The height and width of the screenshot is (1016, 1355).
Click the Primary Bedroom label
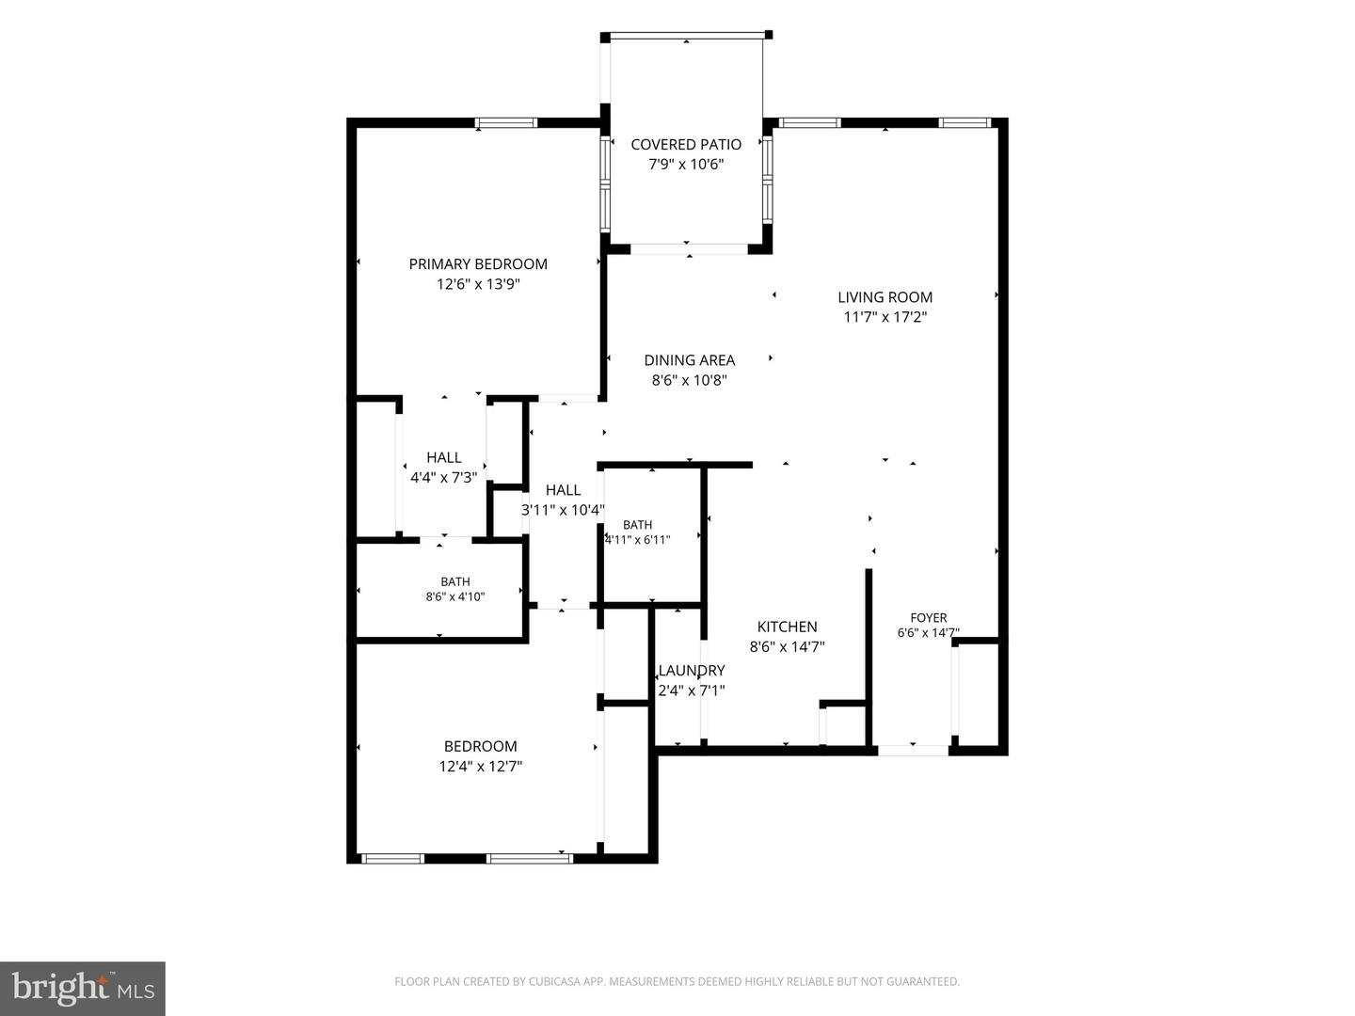[478, 264]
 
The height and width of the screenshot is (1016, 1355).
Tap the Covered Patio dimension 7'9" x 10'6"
[686, 165]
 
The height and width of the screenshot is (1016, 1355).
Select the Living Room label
[885, 297]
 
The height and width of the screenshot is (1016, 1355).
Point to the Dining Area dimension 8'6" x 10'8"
[690, 380]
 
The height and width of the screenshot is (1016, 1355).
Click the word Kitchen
[787, 627]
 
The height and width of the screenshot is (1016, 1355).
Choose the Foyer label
[929, 617]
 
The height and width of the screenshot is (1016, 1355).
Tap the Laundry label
[692, 671]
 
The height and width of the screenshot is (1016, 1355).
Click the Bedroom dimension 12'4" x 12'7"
[481, 767]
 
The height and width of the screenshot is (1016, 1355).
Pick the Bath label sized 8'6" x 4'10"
[455, 581]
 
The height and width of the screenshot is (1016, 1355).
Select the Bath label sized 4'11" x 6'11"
[638, 525]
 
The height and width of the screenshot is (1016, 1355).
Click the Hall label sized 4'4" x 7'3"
[444, 458]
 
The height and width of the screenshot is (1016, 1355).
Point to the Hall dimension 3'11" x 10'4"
[563, 510]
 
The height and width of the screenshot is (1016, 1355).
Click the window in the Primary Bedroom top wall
[506, 122]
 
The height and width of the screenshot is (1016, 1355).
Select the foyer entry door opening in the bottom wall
[913, 751]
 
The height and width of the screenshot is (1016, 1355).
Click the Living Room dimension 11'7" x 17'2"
[885, 318]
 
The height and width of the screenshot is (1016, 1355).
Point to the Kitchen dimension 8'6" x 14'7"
[787, 647]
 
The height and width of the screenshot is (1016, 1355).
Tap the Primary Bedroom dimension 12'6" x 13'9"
[478, 284]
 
